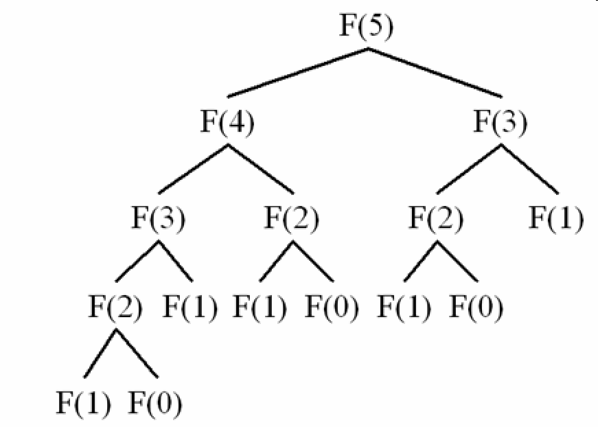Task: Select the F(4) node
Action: (x=227, y=124)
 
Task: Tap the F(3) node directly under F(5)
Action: (x=501, y=124)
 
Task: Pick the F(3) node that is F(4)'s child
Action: (x=158, y=220)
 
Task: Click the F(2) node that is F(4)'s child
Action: (x=292, y=220)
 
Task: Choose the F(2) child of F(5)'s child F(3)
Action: (x=436, y=220)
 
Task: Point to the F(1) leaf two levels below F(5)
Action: (x=556, y=220)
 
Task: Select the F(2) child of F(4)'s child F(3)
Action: (x=115, y=308)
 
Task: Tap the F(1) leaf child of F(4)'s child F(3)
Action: (x=189, y=308)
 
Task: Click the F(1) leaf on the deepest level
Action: (x=83, y=405)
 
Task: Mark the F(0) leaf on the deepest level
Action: (x=155, y=405)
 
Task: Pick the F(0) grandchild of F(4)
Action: (x=332, y=308)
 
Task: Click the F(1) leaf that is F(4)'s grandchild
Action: (x=260, y=308)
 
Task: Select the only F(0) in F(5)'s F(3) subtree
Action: (x=476, y=308)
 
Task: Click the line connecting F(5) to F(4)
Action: (x=297, y=71)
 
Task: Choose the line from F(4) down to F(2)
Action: (x=261, y=168)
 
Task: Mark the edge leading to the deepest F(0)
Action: (x=137, y=353)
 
